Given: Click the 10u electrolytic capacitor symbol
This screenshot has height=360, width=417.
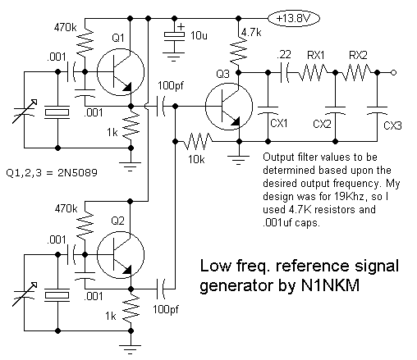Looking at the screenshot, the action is (x=174, y=35).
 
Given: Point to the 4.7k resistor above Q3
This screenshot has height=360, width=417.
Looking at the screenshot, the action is (x=239, y=51).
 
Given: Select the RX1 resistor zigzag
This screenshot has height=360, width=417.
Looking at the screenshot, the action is (x=312, y=73).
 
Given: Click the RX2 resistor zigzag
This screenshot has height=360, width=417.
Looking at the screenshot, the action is (x=356, y=73).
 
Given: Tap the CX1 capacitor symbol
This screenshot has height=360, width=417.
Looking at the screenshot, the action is (x=268, y=110).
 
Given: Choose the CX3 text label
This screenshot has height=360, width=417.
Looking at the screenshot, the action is (x=392, y=125).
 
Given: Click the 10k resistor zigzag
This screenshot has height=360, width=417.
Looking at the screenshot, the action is (x=198, y=141).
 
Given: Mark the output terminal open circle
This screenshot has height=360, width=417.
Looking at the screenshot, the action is (x=393, y=73).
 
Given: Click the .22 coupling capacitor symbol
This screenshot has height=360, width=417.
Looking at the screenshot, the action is (x=285, y=73).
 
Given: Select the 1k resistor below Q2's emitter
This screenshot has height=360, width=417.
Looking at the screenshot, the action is (x=131, y=309).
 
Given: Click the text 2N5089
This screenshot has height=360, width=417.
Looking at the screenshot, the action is (x=77, y=173).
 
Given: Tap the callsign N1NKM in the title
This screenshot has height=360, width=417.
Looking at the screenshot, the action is (x=330, y=285).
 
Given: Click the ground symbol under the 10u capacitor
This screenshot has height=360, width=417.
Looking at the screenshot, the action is (x=174, y=57).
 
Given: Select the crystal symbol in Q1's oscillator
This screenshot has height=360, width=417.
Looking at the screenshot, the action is (x=57, y=112).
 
